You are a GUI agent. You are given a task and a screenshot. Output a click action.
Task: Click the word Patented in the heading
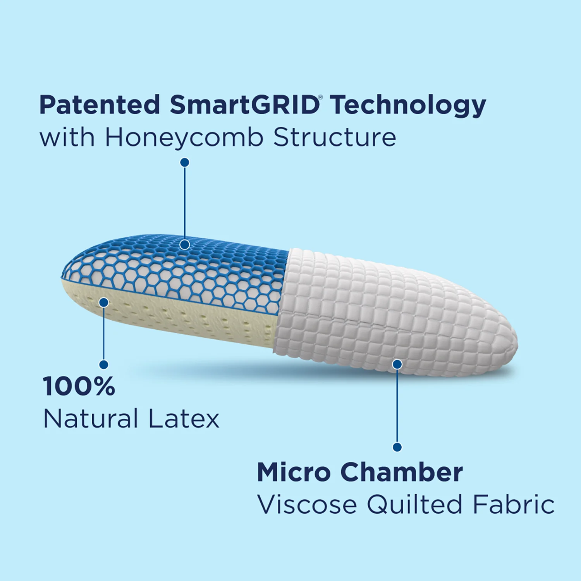tap(100, 105)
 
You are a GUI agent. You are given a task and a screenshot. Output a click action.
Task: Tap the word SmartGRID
tap(244, 105)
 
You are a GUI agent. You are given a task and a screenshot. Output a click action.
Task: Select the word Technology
tap(408, 106)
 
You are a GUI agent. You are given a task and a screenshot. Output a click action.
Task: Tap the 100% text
tap(79, 386)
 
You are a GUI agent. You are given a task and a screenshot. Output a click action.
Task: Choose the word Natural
tap(91, 419)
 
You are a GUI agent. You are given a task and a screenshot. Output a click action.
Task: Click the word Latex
tap(184, 419)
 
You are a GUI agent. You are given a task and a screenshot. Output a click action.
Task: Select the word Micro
tap(294, 472)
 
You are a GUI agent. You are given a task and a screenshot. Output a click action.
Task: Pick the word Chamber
tap(402, 472)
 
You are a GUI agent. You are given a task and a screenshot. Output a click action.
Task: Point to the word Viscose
tap(307, 505)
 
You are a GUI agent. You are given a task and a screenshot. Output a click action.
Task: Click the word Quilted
tap(414, 505)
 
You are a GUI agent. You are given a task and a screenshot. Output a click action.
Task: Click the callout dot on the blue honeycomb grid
tap(185, 244)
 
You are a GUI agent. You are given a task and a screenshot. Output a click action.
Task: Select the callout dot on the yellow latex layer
tap(104, 303)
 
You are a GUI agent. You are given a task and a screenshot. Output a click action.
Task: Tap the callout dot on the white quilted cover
tap(397, 364)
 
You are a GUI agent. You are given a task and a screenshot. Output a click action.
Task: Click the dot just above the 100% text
tap(104, 364)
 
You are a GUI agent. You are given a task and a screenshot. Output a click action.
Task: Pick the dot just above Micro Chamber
tap(397, 447)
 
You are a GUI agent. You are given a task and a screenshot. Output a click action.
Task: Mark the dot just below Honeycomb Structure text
tap(185, 162)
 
